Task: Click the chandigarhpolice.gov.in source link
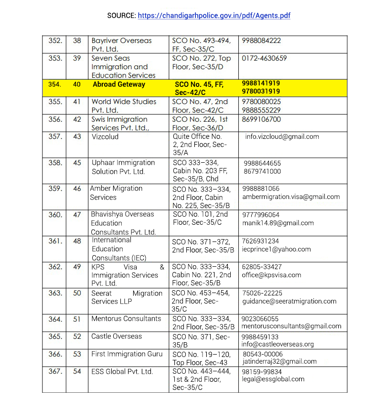[214, 16]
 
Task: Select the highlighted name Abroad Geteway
[119, 84]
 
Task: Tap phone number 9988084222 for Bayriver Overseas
[261, 41]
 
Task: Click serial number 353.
[55, 58]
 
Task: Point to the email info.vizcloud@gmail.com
[282, 136]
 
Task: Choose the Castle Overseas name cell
[117, 336]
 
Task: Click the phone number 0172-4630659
[264, 58]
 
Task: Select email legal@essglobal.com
[273, 379]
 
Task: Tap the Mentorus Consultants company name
[126, 319]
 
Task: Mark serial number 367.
[55, 371]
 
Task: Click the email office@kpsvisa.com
[271, 275]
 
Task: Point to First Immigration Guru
[127, 354]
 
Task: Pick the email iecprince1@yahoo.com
[277, 249]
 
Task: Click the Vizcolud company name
[105, 136]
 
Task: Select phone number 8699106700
[261, 119]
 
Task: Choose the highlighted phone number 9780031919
[261, 91]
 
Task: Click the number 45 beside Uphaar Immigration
[77, 163]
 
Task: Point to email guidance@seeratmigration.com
[289, 301]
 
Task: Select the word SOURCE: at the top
[121, 16]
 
